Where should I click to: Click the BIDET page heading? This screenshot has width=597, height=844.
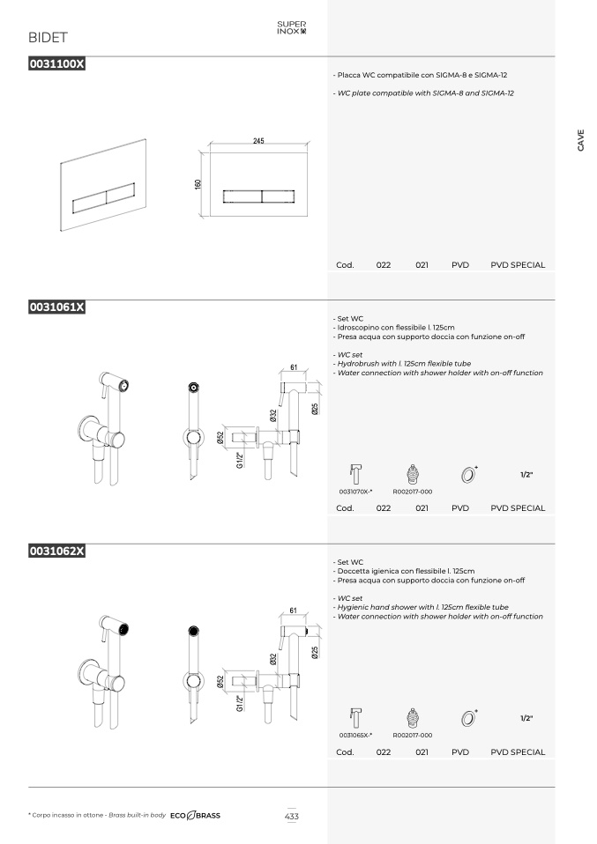[48, 38]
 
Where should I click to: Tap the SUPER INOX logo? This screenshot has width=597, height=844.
[292, 27]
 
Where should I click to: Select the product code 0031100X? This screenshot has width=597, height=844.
[57, 63]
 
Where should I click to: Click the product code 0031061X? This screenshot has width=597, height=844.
[57, 307]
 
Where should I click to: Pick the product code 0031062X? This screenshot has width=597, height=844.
[57, 551]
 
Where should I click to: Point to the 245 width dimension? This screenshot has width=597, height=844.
[258, 140]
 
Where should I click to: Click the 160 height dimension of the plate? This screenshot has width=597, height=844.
[198, 184]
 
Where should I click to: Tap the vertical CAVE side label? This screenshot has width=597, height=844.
[580, 140]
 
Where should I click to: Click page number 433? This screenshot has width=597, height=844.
[292, 816]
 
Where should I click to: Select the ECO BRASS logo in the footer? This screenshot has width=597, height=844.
[195, 816]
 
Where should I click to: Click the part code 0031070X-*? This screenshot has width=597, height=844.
[355, 492]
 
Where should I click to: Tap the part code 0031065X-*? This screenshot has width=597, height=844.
[355, 736]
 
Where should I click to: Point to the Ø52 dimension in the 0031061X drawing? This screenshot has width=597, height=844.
[220, 438]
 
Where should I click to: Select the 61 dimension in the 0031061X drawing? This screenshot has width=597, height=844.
[294, 367]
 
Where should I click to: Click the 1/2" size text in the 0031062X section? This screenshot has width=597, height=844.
[526, 718]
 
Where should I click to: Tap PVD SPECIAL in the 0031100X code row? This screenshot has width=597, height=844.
[518, 265]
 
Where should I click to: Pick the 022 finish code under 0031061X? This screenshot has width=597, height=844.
[384, 508]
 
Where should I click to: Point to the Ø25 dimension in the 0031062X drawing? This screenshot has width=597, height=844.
[315, 652]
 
